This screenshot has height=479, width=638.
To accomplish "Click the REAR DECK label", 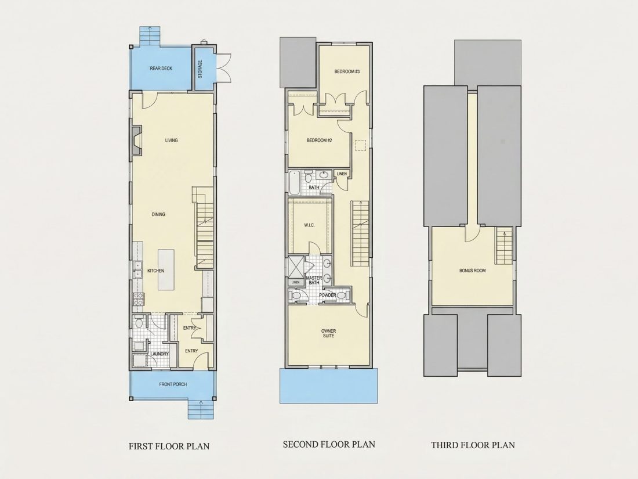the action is [x=161, y=69].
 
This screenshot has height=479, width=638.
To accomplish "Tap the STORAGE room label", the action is [x=200, y=69].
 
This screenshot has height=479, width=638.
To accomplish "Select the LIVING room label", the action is [x=171, y=141].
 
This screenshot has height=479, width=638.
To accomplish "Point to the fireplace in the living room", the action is [x=137, y=140].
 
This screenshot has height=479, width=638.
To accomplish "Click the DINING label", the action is [x=159, y=215].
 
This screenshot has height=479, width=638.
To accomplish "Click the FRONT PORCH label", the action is [x=173, y=384].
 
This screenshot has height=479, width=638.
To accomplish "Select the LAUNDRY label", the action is [x=159, y=354].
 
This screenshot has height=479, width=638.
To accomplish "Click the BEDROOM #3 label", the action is [x=347, y=71].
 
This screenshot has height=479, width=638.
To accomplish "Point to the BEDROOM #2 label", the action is [x=320, y=141].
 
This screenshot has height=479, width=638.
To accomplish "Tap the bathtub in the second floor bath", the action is [x=294, y=183].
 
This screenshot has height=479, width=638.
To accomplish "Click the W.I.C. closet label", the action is [x=309, y=225].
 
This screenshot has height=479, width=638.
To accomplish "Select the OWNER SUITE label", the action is [x=328, y=333].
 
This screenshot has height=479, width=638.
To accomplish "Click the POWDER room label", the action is [x=328, y=296].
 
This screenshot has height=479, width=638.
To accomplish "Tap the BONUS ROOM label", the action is [x=472, y=271].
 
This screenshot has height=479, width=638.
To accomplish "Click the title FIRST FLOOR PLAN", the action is [x=169, y=446].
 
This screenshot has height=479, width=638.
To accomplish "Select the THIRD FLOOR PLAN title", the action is [x=473, y=445].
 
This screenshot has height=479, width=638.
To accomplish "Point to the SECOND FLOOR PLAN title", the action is [x=329, y=444].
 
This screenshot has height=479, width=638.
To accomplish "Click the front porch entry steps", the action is [x=200, y=409].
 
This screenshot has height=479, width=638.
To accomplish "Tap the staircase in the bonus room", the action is [x=503, y=246].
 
